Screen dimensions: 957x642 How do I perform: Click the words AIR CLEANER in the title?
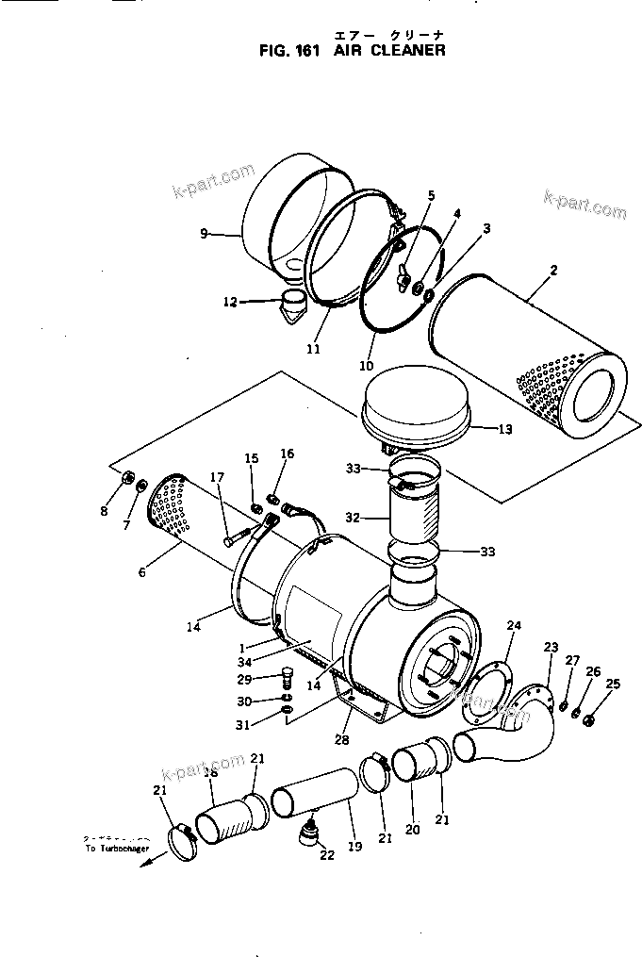point(388,51)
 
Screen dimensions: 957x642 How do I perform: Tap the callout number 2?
point(553,271)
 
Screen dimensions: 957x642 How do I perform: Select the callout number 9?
point(204,234)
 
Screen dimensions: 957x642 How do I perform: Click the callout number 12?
point(229,302)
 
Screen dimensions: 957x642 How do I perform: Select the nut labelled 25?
point(589,721)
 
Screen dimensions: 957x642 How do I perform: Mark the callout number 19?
point(354,847)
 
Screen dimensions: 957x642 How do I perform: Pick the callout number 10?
point(366,366)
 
